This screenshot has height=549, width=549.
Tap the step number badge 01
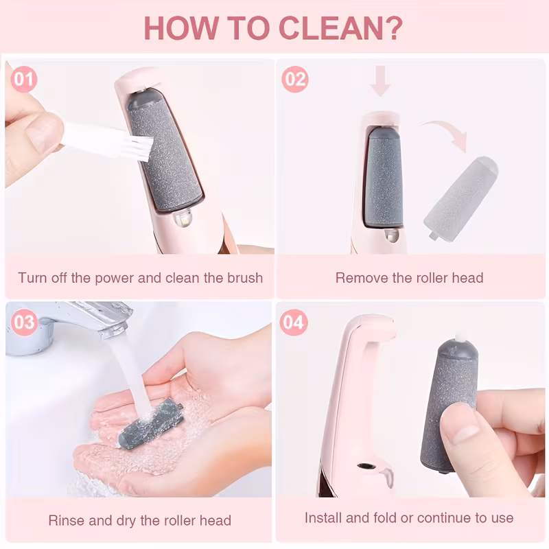click(x=24, y=79)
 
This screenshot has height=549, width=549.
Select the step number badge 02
click(x=295, y=79)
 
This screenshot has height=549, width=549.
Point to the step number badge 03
click(x=24, y=322)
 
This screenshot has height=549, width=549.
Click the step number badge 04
click(x=294, y=322)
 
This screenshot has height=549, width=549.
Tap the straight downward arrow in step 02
click(x=380, y=81)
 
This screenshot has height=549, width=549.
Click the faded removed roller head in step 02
click(x=460, y=198)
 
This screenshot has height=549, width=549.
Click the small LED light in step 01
click(x=183, y=218)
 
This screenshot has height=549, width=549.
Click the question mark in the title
click(x=393, y=27)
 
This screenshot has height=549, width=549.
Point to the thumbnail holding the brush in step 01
click(x=45, y=135)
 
